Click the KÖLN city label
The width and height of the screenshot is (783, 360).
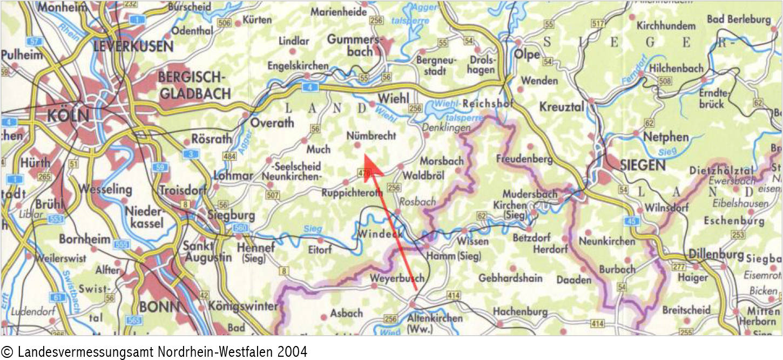click(67, 116)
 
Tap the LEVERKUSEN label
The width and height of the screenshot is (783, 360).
click(133, 46)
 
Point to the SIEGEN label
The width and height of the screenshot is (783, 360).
click(643, 166)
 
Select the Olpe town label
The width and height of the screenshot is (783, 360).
click(526, 55)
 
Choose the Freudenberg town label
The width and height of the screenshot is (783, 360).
click(524, 159)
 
